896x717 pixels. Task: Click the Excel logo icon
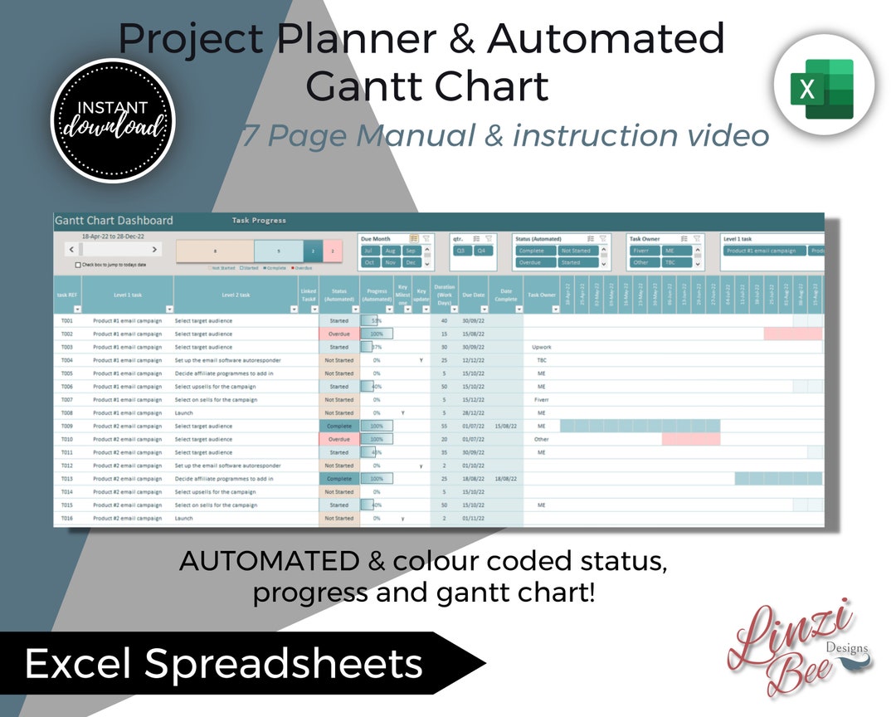tap(814, 89)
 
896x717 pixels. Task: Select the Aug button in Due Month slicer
tap(390, 251)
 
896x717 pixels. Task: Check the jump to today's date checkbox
tap(78, 265)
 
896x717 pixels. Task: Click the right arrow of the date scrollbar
tap(154, 249)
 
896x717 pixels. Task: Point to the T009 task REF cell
tap(67, 426)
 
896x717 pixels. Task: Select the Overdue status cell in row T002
tap(338, 334)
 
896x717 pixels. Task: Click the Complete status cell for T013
tap(338, 479)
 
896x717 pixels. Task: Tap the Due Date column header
tap(473, 294)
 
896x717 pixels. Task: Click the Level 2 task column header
tap(236, 294)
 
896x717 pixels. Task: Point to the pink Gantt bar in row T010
tap(690, 439)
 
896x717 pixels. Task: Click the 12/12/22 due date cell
tap(473, 360)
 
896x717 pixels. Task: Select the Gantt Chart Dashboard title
tap(114, 221)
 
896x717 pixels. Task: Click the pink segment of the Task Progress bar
tap(333, 251)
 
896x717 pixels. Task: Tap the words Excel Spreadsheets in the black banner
tap(224, 664)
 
